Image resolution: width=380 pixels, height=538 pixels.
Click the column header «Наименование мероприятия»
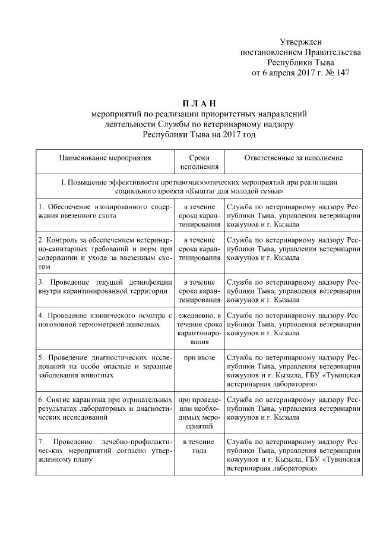coord(104,158)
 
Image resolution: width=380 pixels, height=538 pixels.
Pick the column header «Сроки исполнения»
coord(199,162)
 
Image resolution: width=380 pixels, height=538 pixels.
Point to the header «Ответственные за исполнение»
coord(293,158)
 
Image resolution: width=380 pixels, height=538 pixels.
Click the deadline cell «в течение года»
coord(199,447)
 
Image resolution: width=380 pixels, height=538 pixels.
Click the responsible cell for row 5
coord(293,372)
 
